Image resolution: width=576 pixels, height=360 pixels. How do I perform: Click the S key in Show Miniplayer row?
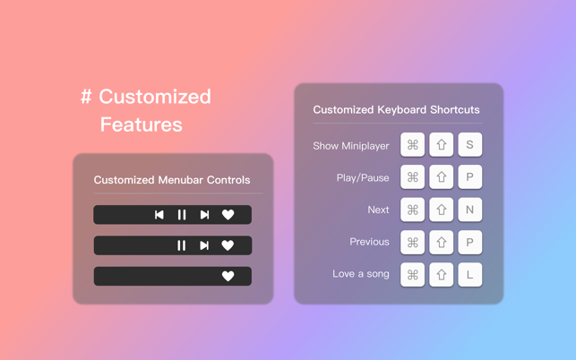469,145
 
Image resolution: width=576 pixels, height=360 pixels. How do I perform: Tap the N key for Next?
469,210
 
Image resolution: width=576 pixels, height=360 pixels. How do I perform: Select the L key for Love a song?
469,275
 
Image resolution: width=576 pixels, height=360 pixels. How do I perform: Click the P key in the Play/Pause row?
469,177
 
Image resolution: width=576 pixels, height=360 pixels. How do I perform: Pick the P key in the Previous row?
469,243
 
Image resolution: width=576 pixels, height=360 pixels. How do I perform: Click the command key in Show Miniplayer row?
413,145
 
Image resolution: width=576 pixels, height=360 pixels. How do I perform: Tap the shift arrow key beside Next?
441,210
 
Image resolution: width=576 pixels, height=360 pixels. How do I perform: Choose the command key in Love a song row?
413,275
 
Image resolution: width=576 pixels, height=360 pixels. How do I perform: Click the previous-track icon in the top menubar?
159,215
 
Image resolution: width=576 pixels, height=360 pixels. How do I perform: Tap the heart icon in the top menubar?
228,215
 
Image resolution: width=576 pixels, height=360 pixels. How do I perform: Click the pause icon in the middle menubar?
182,245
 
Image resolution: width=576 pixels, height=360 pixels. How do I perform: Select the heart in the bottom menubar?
228,276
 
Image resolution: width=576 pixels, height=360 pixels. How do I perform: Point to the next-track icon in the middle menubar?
204,245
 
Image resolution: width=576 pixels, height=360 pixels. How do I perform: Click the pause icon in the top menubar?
182,215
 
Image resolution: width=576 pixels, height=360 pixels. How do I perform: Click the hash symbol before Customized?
86,97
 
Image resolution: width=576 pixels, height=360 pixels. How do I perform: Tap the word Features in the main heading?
141,124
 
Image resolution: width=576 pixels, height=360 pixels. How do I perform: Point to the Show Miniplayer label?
351,146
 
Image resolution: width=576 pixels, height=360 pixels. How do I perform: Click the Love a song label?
361,274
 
